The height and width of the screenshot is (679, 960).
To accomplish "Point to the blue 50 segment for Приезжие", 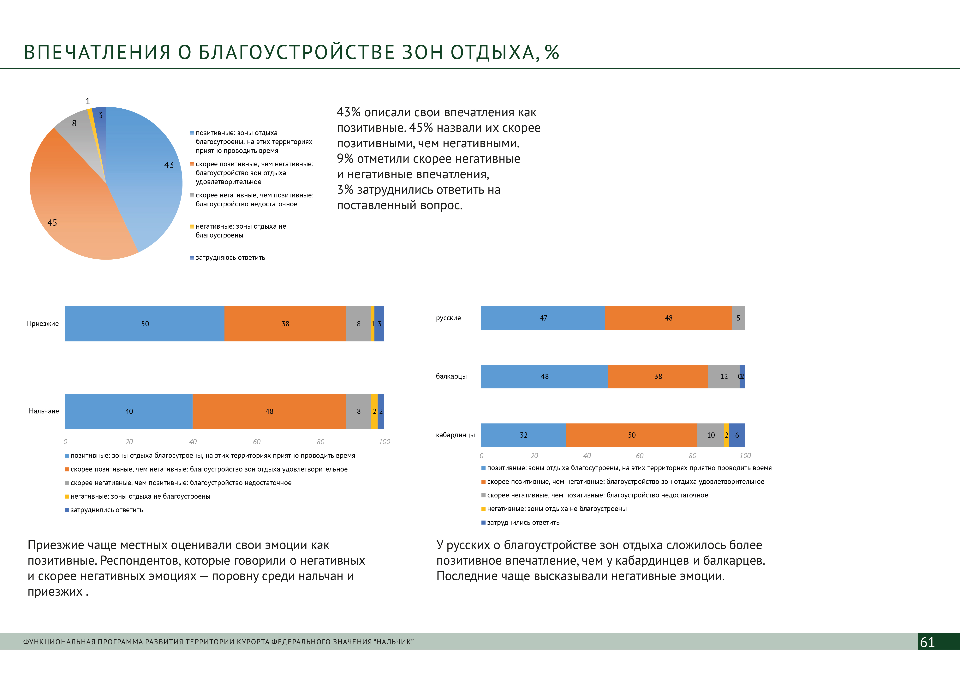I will tap(145, 324).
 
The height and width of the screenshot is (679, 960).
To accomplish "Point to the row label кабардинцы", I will tap(455, 435).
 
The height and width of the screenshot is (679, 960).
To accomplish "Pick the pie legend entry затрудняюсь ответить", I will tap(230, 258).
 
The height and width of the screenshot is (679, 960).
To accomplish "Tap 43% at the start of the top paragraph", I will tap(349, 112).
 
